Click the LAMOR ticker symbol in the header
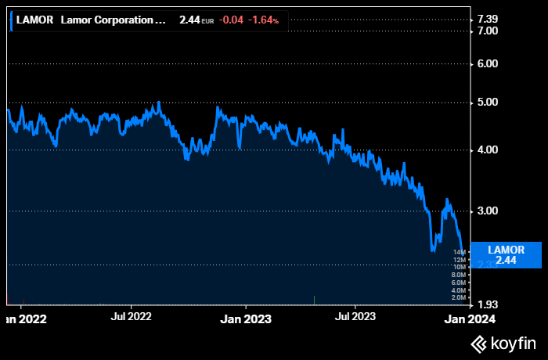pos(34,20)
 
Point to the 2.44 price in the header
pos(189,20)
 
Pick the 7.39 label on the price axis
pos(488,18)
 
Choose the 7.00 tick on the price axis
pos(488,31)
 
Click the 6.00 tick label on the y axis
pos(488,63)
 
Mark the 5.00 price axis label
pos(488,102)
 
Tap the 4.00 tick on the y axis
pos(488,149)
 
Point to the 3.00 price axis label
pos(488,211)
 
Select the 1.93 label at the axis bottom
pos(488,304)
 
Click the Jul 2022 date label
pos(131,317)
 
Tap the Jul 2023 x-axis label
pos(354,317)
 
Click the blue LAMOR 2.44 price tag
pos(506,254)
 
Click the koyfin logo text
pos(503,343)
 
